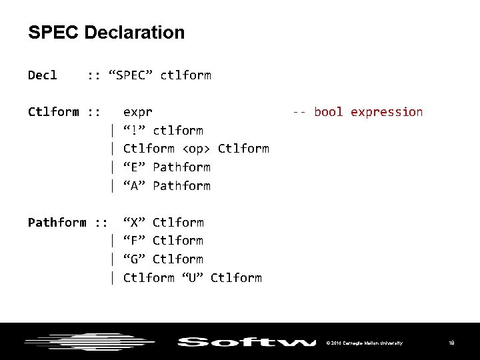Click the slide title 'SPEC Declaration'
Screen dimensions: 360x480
click(x=107, y=32)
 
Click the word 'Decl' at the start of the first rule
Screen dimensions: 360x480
click(x=43, y=75)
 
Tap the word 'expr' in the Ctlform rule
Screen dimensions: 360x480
click(x=138, y=112)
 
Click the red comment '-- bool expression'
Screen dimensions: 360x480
click(x=357, y=112)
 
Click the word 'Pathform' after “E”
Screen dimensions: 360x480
click(x=181, y=167)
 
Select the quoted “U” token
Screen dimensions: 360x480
click(x=193, y=277)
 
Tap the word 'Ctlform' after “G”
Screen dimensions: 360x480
click(x=178, y=259)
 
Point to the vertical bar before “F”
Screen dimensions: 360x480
click(x=114, y=240)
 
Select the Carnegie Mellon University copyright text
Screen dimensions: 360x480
click(x=364, y=343)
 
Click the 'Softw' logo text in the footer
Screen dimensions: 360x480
click(x=247, y=343)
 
